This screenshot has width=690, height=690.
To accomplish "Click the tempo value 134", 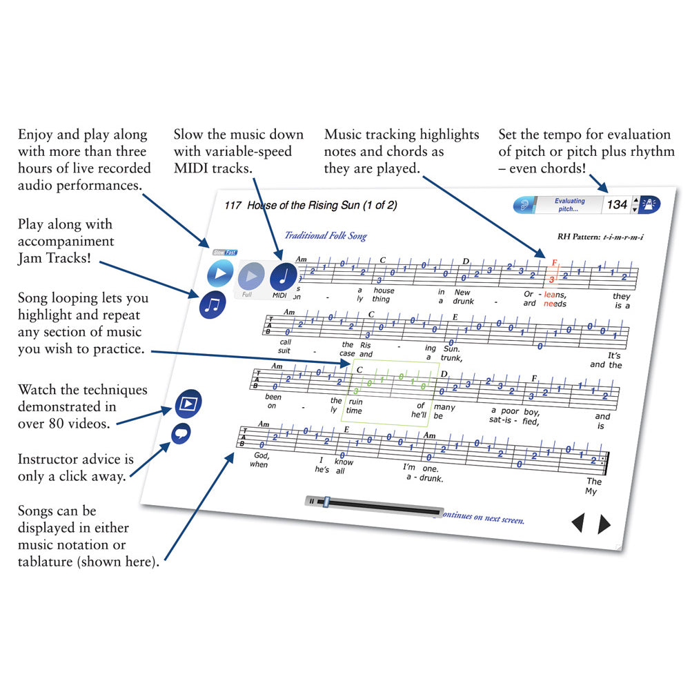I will [617, 204].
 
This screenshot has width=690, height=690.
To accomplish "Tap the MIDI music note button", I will [283, 277].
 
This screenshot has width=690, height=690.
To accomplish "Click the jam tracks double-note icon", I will [213, 304].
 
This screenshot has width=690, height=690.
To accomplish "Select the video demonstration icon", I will [187, 405].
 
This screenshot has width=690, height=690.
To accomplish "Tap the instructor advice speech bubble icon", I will [181, 434].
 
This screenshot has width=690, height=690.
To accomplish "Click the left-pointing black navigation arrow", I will [577, 524].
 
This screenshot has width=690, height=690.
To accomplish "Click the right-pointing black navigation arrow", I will [604, 524].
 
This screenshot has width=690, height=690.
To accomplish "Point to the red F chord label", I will [553, 263].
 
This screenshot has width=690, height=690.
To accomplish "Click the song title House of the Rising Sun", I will [322, 206].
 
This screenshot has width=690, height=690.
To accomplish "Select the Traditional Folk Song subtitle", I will [326, 236].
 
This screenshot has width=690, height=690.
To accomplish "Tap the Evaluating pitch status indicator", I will [569, 205].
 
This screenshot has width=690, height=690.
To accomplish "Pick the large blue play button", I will [221, 273].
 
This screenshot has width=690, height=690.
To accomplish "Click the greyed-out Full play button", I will [251, 277].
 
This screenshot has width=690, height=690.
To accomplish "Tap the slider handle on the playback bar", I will [326, 502].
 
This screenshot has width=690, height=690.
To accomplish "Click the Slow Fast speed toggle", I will [224, 253].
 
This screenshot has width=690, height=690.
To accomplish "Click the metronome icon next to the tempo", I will [649, 204].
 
